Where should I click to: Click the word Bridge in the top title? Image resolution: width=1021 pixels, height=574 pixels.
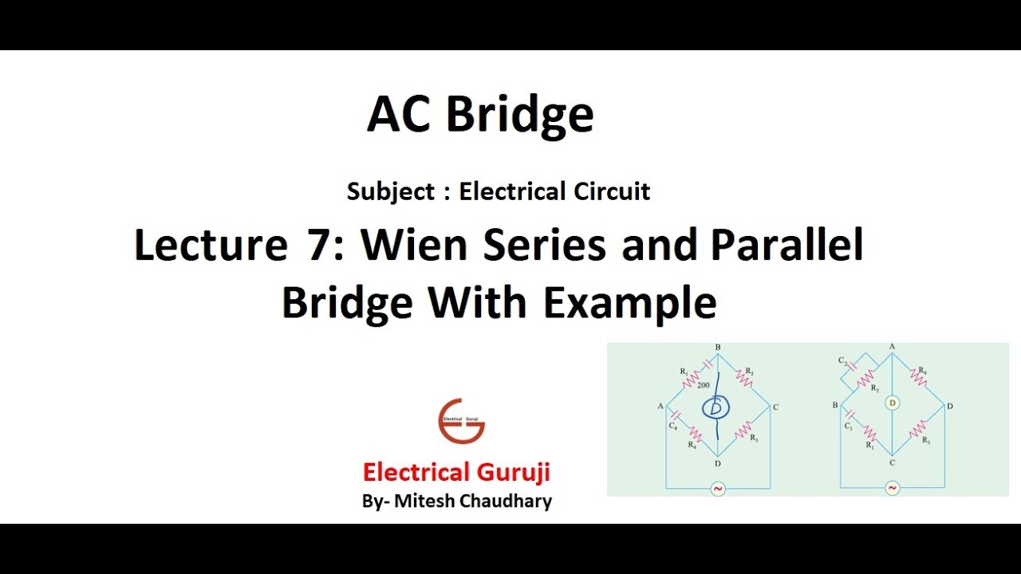(519, 115)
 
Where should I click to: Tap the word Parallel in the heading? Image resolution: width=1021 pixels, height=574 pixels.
(786, 246)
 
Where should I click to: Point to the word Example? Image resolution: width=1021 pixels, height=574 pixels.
(630, 303)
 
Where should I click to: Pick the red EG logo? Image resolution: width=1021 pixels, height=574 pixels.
(461, 421)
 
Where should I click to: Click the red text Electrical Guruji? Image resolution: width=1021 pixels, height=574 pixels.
(456, 472)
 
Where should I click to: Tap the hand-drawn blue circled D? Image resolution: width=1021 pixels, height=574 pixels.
(715, 408)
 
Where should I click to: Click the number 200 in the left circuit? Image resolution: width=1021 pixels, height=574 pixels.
(703, 385)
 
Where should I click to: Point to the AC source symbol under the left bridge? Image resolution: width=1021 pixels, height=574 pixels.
(717, 489)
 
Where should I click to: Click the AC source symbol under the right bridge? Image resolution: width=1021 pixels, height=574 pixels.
(893, 488)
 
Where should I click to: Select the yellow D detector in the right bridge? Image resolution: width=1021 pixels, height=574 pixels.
(893, 403)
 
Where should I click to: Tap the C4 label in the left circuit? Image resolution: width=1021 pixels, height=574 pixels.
(672, 426)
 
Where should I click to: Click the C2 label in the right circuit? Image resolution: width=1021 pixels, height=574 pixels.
(842, 361)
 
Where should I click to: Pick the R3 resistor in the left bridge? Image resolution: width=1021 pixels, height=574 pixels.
(743, 433)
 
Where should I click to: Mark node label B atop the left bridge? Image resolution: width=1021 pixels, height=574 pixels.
(718, 348)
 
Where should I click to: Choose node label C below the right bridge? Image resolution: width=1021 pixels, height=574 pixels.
(893, 463)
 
